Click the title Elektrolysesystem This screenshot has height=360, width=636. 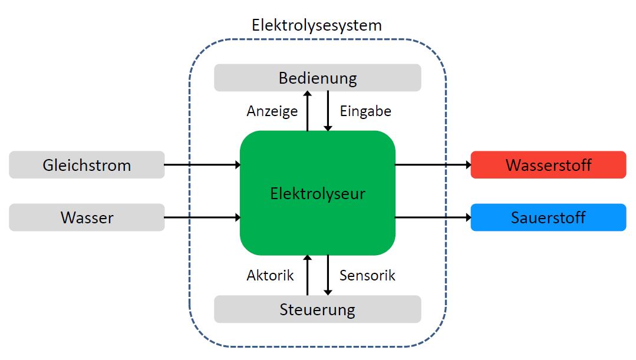(x=317, y=25)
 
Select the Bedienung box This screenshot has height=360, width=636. (x=317, y=78)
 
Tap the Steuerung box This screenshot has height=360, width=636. (x=317, y=309)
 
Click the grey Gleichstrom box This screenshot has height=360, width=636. (x=87, y=165)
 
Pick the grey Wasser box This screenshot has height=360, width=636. (x=87, y=217)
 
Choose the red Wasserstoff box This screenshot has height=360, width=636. (x=548, y=165)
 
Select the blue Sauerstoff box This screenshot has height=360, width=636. (x=548, y=217)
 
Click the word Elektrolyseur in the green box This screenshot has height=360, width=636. (x=318, y=193)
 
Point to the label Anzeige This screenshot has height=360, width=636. (x=272, y=111)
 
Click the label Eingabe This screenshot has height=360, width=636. (x=365, y=111)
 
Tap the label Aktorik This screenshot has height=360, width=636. (x=270, y=275)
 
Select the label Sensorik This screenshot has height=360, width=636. (x=367, y=275)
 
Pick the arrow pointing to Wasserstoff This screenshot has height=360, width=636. (x=433, y=165)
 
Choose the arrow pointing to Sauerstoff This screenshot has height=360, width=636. (x=433, y=217)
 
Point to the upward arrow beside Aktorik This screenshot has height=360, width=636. (x=307, y=275)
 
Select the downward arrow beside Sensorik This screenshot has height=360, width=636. (x=328, y=275)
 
